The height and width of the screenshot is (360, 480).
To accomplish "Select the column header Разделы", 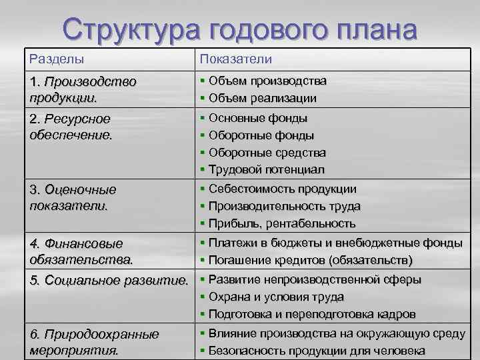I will [x=57, y=59].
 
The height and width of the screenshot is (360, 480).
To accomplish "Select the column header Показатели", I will [x=235, y=59].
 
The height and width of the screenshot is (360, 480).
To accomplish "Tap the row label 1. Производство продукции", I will [x=83, y=89].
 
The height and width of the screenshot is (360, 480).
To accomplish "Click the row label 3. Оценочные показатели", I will [x=73, y=197].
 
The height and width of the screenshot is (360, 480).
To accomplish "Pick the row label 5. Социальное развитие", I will [x=109, y=278].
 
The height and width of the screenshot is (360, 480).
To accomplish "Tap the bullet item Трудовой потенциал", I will [x=266, y=170].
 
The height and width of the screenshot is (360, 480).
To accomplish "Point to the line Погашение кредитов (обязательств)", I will [x=310, y=259].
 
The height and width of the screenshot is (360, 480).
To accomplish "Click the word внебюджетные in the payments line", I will [x=381, y=241].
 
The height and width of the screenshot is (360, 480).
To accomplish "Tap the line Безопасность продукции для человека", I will [x=317, y=351].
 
